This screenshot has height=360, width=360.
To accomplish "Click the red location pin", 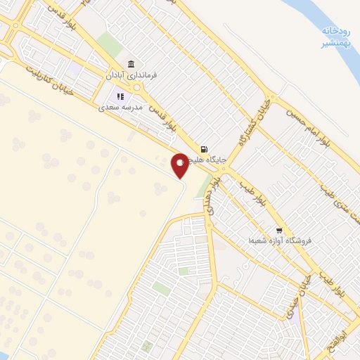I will pos(180,165).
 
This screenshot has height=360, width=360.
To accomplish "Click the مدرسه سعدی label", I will pos(120,108).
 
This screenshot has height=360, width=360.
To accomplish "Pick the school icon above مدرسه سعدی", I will pos(120,96).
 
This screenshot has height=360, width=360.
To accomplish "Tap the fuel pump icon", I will pos(204,149).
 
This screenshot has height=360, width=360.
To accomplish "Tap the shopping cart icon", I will pos(279,230).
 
